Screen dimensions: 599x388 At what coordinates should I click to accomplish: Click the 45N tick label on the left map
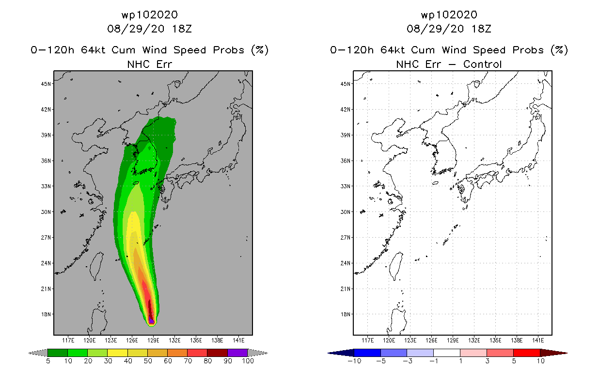46,84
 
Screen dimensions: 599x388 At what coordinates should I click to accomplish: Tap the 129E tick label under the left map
153,340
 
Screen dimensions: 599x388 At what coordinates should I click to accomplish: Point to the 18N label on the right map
345,314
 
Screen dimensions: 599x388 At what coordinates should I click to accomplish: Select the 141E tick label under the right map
538,340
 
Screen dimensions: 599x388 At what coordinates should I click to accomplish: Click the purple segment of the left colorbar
237,353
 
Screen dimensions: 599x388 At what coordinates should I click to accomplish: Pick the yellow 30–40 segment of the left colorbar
118,353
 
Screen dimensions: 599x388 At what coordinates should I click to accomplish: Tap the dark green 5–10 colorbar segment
58,353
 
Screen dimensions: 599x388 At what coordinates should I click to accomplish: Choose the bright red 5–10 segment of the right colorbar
527,353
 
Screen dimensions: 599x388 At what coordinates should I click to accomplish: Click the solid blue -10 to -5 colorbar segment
367,353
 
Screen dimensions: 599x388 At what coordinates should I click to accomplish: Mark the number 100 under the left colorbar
248,361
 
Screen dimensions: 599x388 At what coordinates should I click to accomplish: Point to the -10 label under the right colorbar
354,361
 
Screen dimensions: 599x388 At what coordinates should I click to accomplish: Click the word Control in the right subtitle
482,64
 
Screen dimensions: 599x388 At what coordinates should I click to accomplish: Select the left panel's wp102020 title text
150,15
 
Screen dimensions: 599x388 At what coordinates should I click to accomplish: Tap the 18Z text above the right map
481,29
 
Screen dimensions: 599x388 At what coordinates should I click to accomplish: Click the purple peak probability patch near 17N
151,320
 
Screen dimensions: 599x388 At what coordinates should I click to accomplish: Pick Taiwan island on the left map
96,266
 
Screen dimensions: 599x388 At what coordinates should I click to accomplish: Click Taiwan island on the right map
396,266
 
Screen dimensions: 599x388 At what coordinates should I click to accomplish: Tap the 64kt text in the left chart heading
93,50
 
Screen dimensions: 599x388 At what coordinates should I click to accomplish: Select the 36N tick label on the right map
345,161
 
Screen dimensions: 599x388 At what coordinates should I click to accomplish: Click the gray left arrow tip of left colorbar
29,353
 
